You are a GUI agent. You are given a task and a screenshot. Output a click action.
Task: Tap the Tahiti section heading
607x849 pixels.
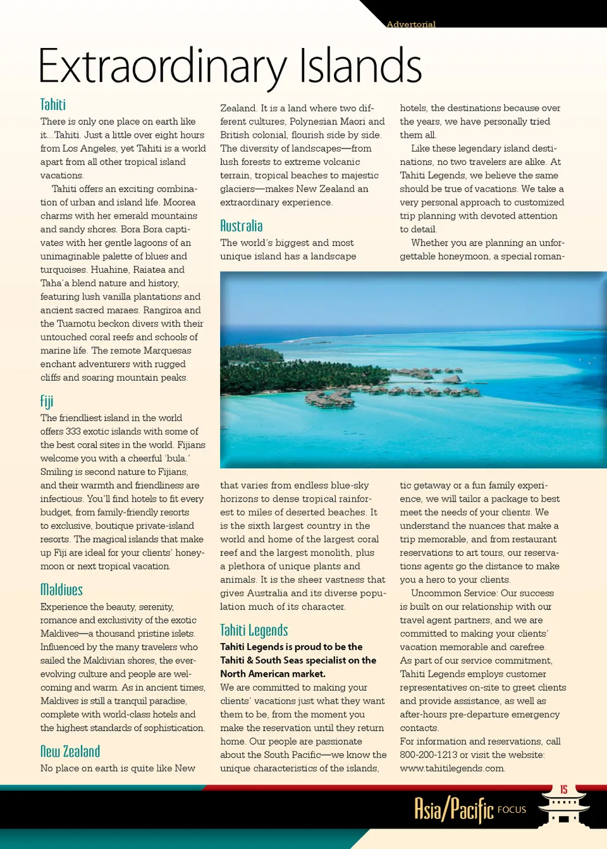(x=53, y=105)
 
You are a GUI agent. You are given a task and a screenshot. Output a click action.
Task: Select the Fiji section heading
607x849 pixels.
(x=47, y=401)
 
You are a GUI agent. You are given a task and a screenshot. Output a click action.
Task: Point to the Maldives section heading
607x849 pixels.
(x=61, y=589)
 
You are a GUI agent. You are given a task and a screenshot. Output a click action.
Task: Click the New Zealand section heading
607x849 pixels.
(x=70, y=751)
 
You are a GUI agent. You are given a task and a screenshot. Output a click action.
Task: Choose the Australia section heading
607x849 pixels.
(x=241, y=226)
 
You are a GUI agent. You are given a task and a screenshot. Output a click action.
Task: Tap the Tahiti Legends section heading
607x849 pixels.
(x=254, y=630)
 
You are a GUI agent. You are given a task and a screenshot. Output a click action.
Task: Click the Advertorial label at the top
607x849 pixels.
(x=411, y=24)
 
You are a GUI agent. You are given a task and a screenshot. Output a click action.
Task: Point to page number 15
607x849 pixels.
(x=563, y=790)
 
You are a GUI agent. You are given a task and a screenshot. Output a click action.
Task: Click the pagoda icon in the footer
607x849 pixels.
(x=563, y=809)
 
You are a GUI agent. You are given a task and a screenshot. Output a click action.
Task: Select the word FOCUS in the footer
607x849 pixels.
(x=512, y=810)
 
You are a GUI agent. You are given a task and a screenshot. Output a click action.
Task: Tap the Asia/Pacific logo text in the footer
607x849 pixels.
(x=453, y=809)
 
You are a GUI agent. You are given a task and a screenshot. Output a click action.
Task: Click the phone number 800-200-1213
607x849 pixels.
(x=429, y=755)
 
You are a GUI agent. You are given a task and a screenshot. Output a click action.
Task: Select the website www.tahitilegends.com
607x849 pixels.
(x=452, y=768)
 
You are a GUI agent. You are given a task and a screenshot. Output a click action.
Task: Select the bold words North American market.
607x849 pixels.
(x=273, y=674)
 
